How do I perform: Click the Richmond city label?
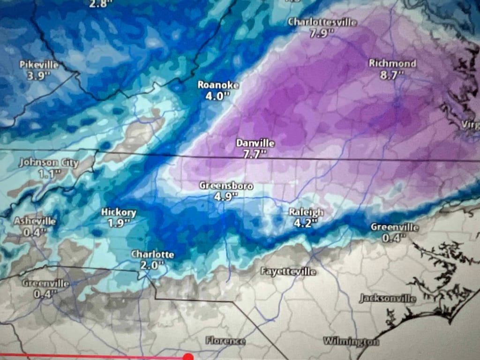click(x=392, y=63)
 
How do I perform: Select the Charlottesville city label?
click(x=322, y=22)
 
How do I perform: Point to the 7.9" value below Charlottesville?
click(x=321, y=33)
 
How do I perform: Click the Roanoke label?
click(x=218, y=85)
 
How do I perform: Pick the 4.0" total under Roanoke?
click(x=218, y=96)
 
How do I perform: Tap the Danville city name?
click(x=255, y=143)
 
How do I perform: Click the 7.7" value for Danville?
click(x=255, y=155)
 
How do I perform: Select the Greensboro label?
click(x=226, y=186)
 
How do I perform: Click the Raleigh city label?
click(x=306, y=212)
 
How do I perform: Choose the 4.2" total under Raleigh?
click(x=305, y=224)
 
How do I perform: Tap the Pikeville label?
click(x=39, y=65)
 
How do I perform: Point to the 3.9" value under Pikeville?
click(x=38, y=76)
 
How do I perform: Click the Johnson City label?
click(x=49, y=163)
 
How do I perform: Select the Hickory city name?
click(x=119, y=212)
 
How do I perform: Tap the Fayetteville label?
click(x=288, y=271)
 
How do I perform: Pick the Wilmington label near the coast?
click(x=350, y=341)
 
